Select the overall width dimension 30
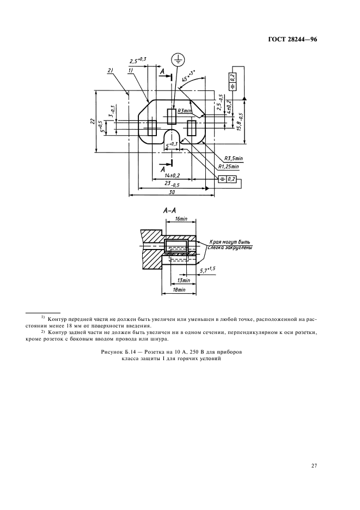point(172,192)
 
